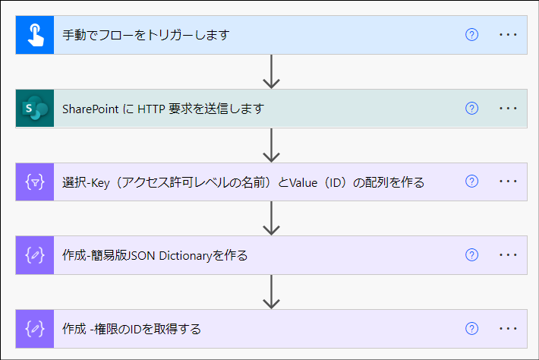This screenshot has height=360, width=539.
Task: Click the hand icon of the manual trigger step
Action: pyautogui.click(x=35, y=35)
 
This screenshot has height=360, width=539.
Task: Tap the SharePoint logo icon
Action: pyautogui.click(x=35, y=109)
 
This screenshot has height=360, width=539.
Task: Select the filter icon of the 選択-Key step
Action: pyautogui.click(x=35, y=182)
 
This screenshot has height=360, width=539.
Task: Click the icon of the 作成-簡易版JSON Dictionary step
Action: pyautogui.click(x=35, y=256)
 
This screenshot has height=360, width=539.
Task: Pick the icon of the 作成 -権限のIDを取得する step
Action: pyautogui.click(x=35, y=329)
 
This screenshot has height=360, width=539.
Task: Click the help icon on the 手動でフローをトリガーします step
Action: pyautogui.click(x=471, y=35)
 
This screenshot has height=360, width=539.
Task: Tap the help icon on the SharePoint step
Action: pyautogui.click(x=471, y=109)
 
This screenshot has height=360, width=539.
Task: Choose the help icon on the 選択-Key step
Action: pyautogui.click(x=471, y=182)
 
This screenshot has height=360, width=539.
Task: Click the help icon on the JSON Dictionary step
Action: pyautogui.click(x=471, y=256)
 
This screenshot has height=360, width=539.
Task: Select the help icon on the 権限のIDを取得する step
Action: pyautogui.click(x=471, y=329)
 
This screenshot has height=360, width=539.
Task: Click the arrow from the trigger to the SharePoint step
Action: pyautogui.click(x=271, y=72)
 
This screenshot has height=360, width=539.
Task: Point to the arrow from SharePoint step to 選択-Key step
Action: pyautogui.click(x=271, y=146)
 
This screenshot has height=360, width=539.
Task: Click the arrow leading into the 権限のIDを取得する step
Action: pyautogui.click(x=271, y=292)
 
